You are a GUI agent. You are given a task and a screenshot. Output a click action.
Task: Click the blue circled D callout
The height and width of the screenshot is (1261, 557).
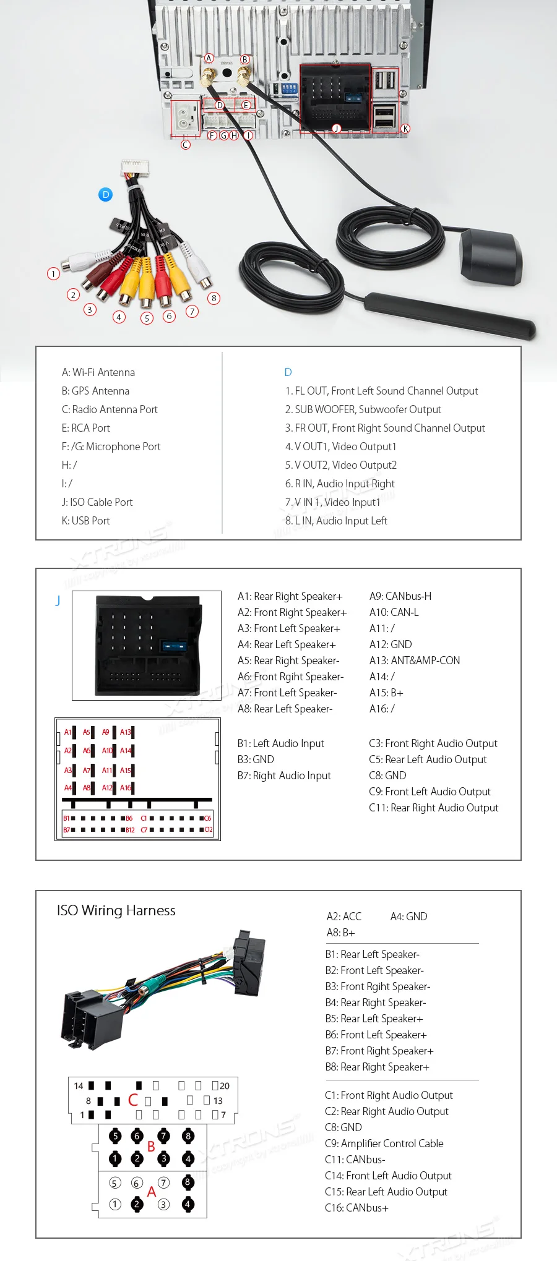point(106,195)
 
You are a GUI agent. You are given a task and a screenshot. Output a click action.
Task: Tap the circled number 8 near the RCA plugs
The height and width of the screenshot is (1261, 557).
point(214,298)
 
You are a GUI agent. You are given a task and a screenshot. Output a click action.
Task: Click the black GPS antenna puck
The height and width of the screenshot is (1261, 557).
point(491,255)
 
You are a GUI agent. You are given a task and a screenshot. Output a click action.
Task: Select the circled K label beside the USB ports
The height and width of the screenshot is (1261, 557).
point(405,129)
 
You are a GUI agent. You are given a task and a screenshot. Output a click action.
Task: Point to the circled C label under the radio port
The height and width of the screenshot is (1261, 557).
point(185,145)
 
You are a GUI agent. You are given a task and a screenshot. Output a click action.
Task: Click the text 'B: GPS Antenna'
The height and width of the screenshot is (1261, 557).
point(95,391)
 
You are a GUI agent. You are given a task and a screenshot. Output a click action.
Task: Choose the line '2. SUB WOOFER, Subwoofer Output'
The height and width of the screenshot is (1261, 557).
point(363,409)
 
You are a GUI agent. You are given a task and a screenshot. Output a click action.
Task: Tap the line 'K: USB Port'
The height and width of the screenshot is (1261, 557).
point(85,521)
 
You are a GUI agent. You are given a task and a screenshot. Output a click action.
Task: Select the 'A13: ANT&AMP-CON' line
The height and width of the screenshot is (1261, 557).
point(414,660)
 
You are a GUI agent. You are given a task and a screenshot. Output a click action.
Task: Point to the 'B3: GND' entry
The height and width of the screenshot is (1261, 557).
point(256,759)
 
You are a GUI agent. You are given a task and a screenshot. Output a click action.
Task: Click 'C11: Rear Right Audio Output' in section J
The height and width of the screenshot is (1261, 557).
point(433,808)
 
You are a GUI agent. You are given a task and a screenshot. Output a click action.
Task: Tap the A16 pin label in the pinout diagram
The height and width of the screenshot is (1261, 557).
point(126,787)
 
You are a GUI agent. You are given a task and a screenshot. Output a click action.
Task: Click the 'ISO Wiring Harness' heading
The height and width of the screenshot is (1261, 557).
point(116,910)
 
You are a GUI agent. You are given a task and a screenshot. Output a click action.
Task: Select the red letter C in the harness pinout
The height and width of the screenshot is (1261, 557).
point(133,1100)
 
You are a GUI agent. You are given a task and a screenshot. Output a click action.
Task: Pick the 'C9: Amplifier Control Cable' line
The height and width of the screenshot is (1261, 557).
point(384,1143)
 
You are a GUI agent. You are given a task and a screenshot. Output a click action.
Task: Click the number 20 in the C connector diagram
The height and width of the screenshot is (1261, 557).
point(224,1085)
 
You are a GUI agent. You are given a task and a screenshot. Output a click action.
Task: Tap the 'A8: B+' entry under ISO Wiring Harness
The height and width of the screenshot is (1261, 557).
point(340,933)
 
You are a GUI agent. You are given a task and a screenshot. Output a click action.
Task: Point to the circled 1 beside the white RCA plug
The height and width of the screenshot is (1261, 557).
point(53,273)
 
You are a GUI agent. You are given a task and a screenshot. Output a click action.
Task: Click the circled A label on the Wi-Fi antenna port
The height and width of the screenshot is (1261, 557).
point(209,59)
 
